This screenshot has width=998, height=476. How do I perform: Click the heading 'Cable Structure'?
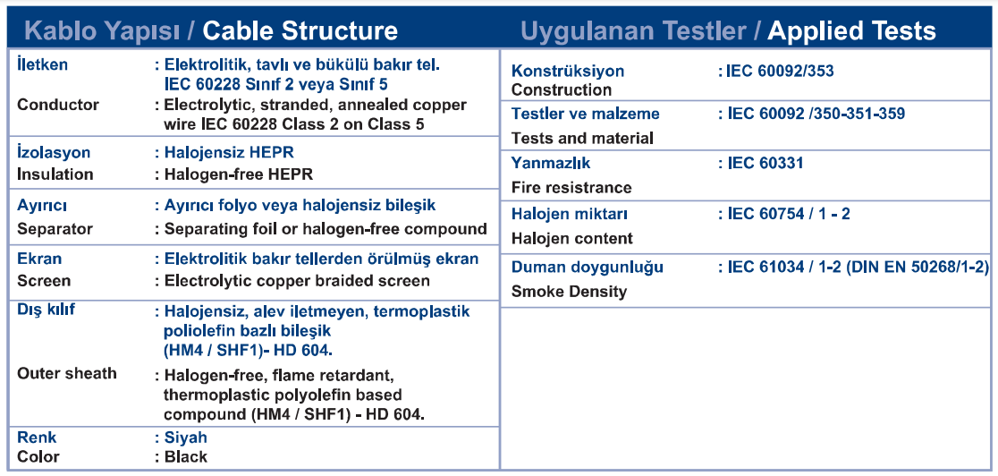(x=300, y=30)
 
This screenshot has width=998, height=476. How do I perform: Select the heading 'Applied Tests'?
(x=851, y=30)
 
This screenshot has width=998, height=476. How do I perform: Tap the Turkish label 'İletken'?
(x=43, y=64)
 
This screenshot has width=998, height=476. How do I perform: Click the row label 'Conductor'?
(x=58, y=105)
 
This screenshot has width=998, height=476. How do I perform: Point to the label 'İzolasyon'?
(x=54, y=153)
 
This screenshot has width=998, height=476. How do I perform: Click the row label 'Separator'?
(x=55, y=229)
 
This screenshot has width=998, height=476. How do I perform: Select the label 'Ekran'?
(x=39, y=259)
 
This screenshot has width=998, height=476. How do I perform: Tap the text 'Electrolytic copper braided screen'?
(x=297, y=281)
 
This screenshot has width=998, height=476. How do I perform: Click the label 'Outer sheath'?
(x=67, y=373)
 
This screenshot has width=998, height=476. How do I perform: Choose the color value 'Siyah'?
(x=186, y=438)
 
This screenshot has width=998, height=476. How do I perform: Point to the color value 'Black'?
(x=186, y=457)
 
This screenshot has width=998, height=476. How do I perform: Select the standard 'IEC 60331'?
(x=765, y=163)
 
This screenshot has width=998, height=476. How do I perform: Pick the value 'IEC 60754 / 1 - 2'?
(x=789, y=214)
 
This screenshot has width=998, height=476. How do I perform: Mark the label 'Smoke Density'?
(x=569, y=292)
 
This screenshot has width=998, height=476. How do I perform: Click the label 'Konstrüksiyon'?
(x=568, y=71)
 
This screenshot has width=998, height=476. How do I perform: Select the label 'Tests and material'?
(x=582, y=139)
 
